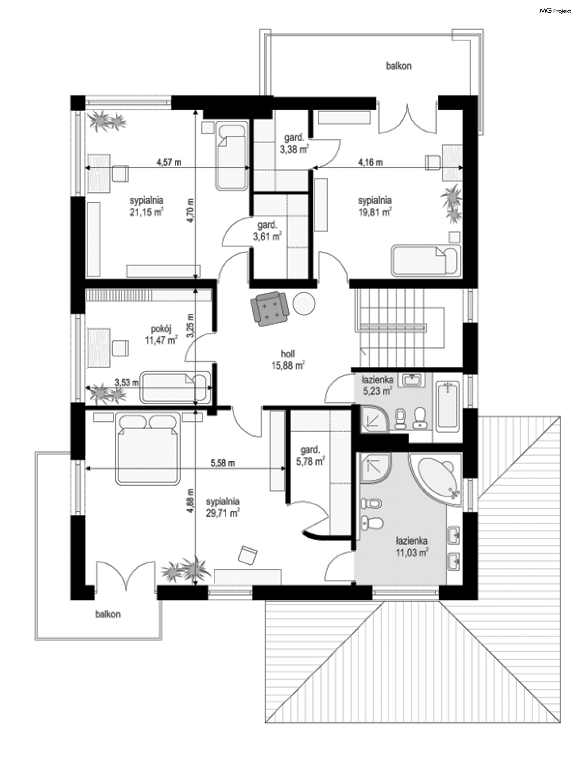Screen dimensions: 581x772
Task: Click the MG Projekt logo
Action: click(x=555, y=11)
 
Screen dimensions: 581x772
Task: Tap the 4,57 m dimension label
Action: click(x=169, y=162)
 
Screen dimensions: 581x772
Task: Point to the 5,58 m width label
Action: click(x=222, y=463)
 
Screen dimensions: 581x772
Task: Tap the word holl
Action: click(x=288, y=354)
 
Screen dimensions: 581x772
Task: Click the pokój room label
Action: click(x=161, y=329)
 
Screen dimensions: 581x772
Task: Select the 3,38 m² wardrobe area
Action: click(x=294, y=149)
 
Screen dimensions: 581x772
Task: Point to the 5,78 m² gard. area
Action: click(x=310, y=461)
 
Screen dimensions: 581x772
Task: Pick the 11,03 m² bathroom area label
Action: click(x=412, y=552)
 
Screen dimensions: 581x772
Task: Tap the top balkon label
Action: click(x=399, y=66)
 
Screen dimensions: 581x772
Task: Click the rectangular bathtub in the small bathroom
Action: click(x=448, y=405)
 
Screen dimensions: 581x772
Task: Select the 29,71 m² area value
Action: click(x=222, y=513)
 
